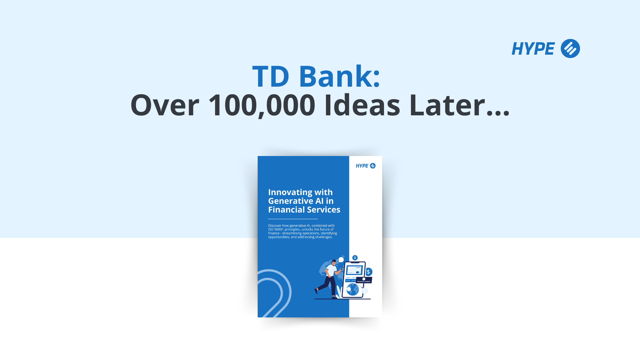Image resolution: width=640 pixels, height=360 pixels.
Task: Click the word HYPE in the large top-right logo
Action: (x=533, y=49)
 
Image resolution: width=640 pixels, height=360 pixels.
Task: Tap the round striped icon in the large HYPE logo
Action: (x=570, y=49)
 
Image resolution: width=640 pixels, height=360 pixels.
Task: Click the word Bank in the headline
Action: (x=339, y=77)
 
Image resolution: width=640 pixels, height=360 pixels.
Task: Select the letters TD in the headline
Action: (x=271, y=77)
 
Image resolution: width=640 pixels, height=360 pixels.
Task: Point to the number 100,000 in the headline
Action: (x=262, y=105)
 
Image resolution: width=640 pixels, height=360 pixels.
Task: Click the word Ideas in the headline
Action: (x=362, y=105)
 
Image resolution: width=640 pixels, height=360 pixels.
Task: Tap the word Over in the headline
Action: (x=165, y=105)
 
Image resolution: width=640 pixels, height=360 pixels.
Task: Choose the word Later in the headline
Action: (x=447, y=105)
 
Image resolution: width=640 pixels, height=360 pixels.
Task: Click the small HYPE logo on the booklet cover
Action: (x=366, y=166)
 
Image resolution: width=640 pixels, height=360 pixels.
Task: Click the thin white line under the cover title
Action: (x=293, y=219)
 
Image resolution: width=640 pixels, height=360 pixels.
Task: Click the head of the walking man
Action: (x=334, y=262)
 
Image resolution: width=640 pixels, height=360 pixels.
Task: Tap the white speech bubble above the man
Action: (x=341, y=259)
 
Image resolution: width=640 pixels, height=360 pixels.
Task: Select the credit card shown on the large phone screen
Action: (x=354, y=270)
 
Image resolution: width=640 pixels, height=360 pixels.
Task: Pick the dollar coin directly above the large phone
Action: (x=355, y=258)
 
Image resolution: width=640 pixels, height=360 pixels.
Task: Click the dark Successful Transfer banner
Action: (x=364, y=280)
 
